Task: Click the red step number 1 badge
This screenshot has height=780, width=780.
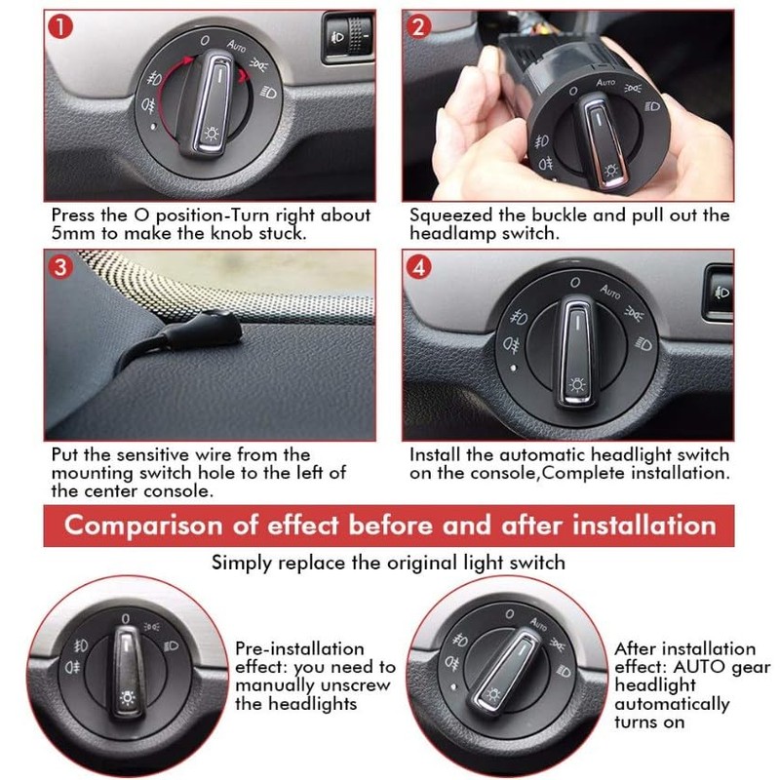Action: tap(60, 27)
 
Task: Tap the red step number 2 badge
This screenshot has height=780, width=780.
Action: tap(418, 27)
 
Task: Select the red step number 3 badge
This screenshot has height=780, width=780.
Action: tap(60, 267)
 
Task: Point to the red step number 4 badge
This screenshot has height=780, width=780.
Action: tap(418, 267)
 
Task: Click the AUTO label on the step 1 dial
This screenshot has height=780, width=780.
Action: tap(236, 46)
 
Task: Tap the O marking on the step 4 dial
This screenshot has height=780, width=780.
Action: tap(575, 283)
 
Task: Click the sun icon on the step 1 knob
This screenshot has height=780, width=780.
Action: tap(213, 134)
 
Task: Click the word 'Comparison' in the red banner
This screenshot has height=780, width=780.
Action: tap(143, 526)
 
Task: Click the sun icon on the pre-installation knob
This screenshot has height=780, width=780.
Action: tap(127, 698)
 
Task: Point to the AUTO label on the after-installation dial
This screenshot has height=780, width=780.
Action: tap(538, 623)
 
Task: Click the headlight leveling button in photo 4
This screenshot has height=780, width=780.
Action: tap(720, 292)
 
